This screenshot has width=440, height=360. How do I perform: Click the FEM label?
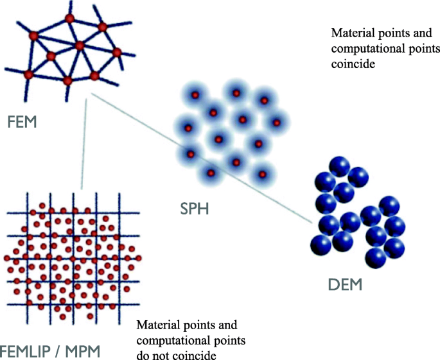click(x=22, y=121)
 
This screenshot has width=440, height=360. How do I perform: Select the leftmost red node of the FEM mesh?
click(x=28, y=74)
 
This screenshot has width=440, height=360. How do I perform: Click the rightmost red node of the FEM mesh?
click(x=117, y=52)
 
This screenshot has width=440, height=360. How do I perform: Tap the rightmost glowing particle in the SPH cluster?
click(x=277, y=122)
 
